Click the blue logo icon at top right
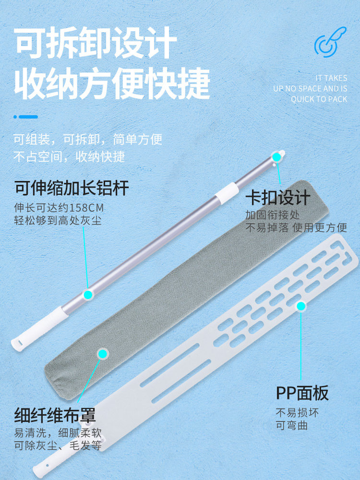pyautogui.click(x=330, y=42)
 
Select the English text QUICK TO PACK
pyautogui.click(x=319, y=99)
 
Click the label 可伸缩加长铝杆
pyautogui.click(x=72, y=188)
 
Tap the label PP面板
pyautogui.click(x=302, y=393)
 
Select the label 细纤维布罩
pyautogui.click(x=55, y=414)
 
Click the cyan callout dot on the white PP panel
pyautogui.click(x=301, y=306)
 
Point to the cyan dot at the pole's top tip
pyautogui.click(x=276, y=156)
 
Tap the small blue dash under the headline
pyautogui.click(x=26, y=117)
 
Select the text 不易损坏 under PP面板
pyautogui.click(x=297, y=413)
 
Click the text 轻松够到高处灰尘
pyautogui.click(x=58, y=221)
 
